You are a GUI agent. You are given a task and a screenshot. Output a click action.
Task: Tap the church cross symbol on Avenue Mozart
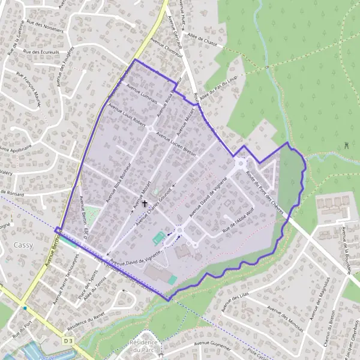point(145,203)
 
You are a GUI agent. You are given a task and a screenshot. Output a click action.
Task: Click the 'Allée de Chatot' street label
point(202,40)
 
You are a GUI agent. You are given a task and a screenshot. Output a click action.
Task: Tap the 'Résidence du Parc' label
point(142,346)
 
